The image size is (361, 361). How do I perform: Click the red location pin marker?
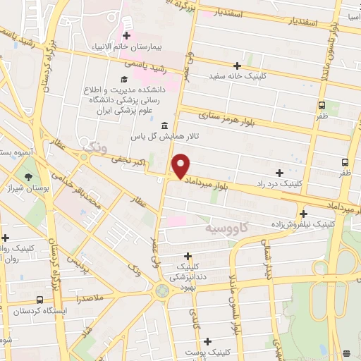click(x=181, y=166)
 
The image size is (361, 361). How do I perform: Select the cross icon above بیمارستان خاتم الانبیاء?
click(x=126, y=35)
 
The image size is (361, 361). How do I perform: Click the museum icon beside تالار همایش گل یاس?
click(x=164, y=126)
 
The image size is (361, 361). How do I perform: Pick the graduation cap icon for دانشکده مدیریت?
click(x=124, y=80)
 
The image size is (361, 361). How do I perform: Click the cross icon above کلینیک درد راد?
click(x=280, y=172)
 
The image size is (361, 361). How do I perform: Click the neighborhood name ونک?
click(x=95, y=147)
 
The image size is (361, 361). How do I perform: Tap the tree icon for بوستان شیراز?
click(x=29, y=178)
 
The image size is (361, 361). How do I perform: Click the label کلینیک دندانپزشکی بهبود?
click(x=189, y=278)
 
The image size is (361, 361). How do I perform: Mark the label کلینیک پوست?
click(x=204, y=351)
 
